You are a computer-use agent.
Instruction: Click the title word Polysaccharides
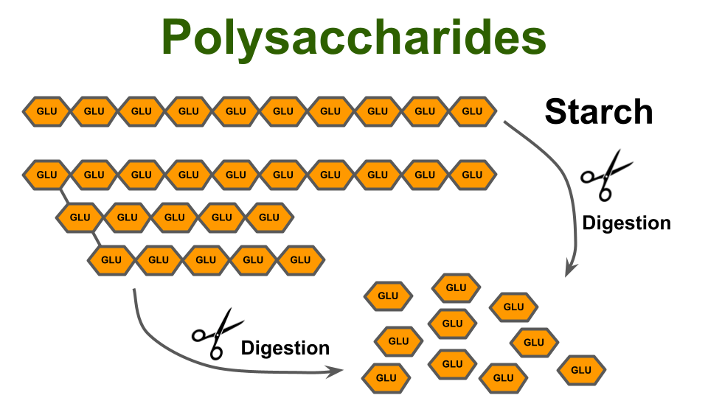tap(354, 38)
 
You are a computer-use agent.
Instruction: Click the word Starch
tap(599, 112)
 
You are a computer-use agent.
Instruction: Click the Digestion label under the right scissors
tap(626, 223)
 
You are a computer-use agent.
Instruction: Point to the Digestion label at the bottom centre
tap(285, 347)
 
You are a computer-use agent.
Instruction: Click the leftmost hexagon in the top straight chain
tap(46, 111)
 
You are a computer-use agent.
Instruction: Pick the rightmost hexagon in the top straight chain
tap(472, 111)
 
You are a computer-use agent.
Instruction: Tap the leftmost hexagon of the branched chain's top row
tap(46, 175)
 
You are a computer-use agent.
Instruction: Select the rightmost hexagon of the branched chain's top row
tap(472, 175)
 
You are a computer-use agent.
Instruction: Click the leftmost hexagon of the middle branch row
tap(80, 217)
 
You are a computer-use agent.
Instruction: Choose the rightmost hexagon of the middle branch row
tap(269, 217)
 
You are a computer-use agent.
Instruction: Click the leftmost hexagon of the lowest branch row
tap(111, 259)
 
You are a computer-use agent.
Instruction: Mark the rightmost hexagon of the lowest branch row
tap(300, 259)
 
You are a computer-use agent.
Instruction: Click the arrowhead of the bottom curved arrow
tap(342, 371)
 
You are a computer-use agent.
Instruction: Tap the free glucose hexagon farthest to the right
tap(581, 370)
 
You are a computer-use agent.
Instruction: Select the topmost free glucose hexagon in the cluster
tap(457, 287)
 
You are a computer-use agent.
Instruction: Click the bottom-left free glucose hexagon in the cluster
tap(386, 377)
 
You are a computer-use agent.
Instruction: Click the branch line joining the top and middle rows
tap(64, 196)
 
